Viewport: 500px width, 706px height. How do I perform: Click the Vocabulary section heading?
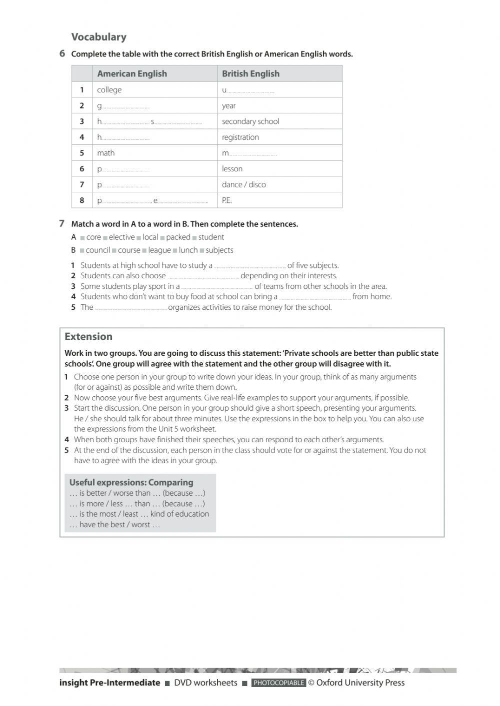[x=98, y=37]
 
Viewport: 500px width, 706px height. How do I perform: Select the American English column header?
[x=131, y=74]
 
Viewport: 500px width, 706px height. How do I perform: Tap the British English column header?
[x=250, y=74]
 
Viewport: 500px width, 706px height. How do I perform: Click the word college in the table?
[x=109, y=90]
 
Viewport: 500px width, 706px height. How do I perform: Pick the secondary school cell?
[x=250, y=121]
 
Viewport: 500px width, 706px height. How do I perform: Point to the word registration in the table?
[x=240, y=137]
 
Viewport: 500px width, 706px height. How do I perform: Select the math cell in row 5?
[x=105, y=153]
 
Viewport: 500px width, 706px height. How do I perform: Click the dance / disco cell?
[x=243, y=184]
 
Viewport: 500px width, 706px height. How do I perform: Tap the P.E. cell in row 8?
[x=227, y=200]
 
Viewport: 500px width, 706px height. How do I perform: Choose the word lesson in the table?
[x=232, y=169]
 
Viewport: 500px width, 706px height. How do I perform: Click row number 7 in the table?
[x=82, y=184]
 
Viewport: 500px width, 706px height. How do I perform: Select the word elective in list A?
[x=121, y=237]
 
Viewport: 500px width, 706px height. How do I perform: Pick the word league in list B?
[x=159, y=250]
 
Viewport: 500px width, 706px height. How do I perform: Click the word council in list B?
[x=97, y=250]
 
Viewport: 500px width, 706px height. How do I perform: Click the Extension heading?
[x=88, y=337]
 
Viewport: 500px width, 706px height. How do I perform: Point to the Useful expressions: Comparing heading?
[x=131, y=482]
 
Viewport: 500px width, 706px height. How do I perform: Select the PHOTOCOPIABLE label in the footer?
[x=278, y=683]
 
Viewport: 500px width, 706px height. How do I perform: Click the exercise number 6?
[x=62, y=53]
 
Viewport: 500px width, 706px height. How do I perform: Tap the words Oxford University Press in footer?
[x=360, y=683]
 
